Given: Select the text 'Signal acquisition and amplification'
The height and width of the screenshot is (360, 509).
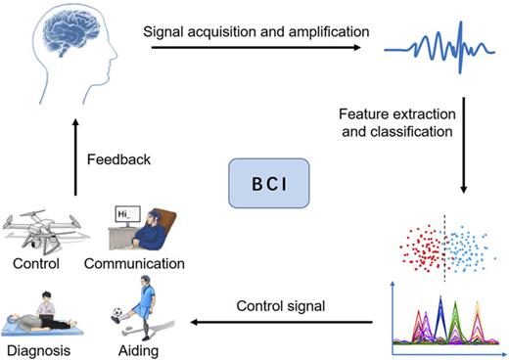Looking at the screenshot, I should click(x=256, y=31).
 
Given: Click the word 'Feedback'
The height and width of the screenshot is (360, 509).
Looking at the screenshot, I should click(x=117, y=159).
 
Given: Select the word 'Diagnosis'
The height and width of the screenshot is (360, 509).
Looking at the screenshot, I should click(x=39, y=350).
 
